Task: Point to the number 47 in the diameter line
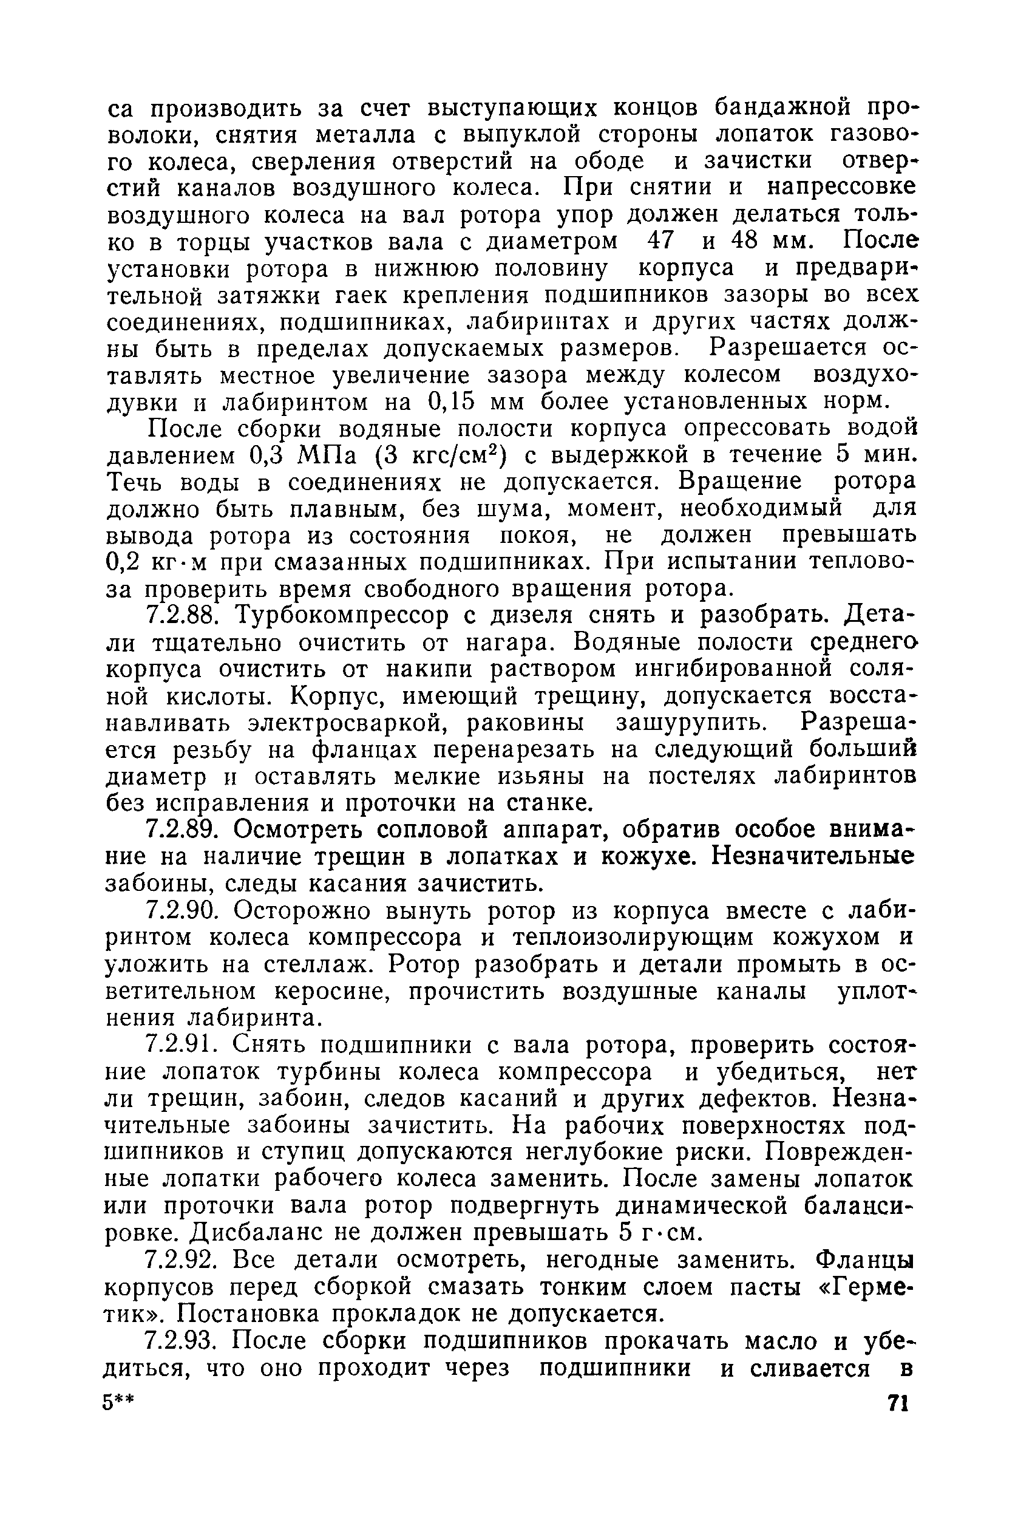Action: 660,241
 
